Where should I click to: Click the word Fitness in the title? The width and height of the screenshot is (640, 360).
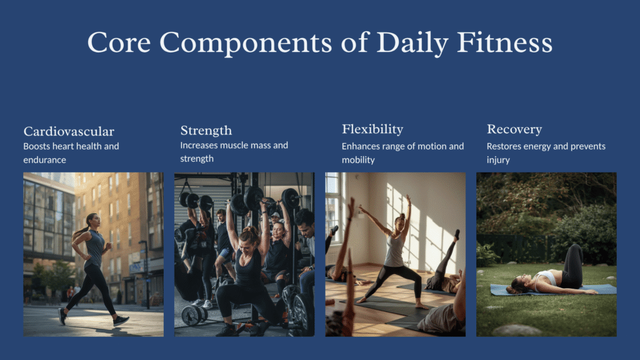[504, 42]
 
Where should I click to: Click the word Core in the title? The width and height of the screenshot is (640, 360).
[119, 43]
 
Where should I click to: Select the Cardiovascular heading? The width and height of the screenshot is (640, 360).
[69, 131]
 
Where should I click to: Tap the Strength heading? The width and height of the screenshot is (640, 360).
[206, 131]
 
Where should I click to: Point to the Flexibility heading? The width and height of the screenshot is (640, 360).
[372, 129]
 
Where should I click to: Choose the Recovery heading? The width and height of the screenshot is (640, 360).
[514, 129]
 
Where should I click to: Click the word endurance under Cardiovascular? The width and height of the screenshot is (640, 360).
[44, 160]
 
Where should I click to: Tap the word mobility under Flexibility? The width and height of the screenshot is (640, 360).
[358, 160]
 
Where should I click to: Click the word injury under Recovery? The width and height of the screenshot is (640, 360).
[498, 160]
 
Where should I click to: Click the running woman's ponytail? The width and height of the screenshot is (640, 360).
[80, 231]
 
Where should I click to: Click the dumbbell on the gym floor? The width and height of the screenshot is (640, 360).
[194, 315]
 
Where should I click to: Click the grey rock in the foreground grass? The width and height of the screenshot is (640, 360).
[517, 330]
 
